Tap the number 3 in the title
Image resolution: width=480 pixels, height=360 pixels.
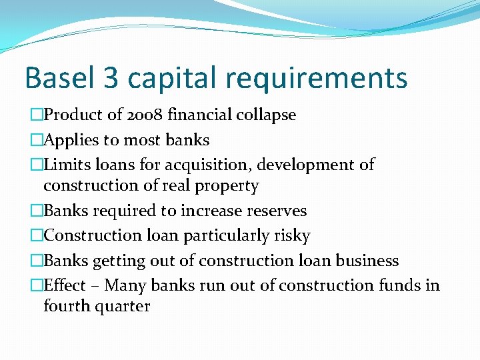pyautogui.click(x=112, y=78)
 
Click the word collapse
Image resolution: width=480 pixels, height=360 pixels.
pyautogui.click(x=266, y=115)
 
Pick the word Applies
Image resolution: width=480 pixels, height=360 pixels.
pyautogui.click(x=71, y=140)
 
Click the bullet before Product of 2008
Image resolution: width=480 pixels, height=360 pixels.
pyautogui.click(x=37, y=115)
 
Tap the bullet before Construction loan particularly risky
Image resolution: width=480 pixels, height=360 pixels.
pyautogui.click(x=37, y=236)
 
